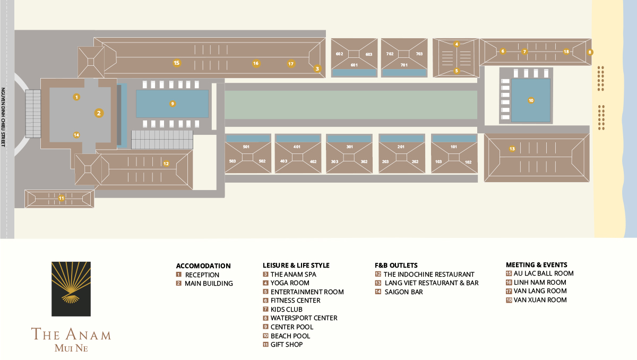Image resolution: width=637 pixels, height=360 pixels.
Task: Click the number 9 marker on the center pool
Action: click(173, 104)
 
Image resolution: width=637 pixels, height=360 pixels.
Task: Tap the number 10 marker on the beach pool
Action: click(531, 100)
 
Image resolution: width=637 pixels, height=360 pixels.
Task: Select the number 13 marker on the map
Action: click(512, 148)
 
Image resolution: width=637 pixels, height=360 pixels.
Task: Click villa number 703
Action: click(419, 54)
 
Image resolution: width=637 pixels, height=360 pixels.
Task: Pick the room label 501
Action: click(246, 147)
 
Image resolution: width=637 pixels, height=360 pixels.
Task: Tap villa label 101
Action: click(453, 147)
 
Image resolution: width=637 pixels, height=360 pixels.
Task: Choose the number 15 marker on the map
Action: click(177, 63)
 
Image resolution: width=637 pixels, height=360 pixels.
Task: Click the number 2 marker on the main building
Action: click(98, 113)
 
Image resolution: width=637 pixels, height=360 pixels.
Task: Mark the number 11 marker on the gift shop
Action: click(62, 199)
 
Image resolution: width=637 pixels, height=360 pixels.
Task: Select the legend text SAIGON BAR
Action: click(404, 292)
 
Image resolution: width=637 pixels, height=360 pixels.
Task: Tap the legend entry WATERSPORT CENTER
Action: click(304, 318)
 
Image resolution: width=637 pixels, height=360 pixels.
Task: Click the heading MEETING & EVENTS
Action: click(536, 264)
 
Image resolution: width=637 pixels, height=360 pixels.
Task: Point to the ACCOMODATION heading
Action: click(203, 266)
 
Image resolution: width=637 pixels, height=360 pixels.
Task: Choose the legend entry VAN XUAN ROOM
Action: click(540, 300)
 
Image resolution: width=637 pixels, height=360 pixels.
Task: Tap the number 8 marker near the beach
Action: click(590, 52)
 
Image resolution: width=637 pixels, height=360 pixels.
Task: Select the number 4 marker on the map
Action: click(457, 44)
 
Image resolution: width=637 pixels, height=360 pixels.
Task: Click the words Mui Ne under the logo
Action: click(71, 349)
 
